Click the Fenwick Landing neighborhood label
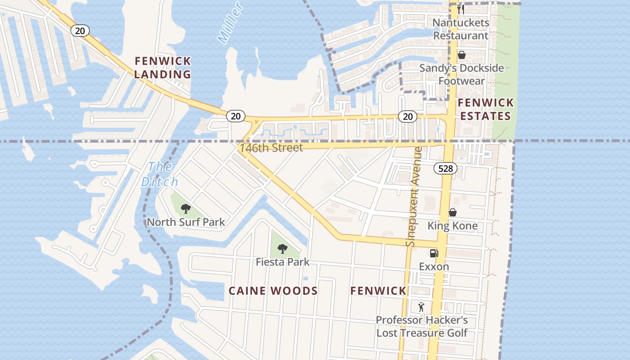pos(162,67)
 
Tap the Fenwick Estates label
pos(485,109)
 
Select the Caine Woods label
pos(273,291)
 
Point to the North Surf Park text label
pos(186,222)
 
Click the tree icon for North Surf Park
pos(185,208)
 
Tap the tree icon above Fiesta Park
pos(282,248)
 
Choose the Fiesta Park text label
pos(283,261)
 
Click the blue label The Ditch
pos(160,174)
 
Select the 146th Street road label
pos(271,148)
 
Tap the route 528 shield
pos(445,169)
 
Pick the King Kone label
pos(452,225)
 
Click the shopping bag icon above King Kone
pos(452,212)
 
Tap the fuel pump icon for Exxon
pos(434,253)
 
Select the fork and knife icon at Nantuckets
pos(460,9)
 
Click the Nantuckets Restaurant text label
pos(460,29)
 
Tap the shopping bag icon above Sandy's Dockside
pos(461,55)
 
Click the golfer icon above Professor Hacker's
pos(421,307)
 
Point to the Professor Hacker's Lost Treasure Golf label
pos(422,326)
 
